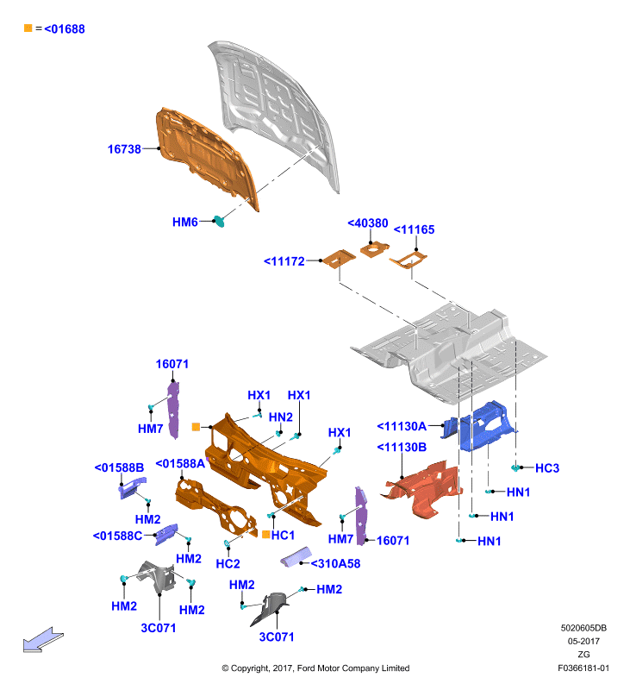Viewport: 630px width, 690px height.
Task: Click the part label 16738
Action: pos(124,149)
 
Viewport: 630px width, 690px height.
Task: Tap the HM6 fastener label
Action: pos(184,223)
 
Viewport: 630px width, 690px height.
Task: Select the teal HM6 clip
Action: pos(219,222)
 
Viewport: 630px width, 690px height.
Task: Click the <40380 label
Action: pos(368,223)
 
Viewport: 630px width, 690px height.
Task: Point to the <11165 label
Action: pos(414,229)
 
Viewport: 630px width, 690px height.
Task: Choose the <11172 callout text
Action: pos(284,261)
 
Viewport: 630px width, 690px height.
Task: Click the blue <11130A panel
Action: pos(479,425)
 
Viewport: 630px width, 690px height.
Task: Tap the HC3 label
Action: pos(547,468)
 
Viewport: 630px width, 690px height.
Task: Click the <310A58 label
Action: pos(335,564)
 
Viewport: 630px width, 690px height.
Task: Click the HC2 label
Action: pos(228,564)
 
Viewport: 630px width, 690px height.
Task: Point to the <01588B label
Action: pos(119,467)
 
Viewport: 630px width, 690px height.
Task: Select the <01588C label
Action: pos(117,536)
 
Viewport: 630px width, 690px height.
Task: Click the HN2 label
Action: pos(280,417)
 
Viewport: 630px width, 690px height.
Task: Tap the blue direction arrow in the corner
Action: pos(42,640)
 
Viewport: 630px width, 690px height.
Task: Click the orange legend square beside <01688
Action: pos(28,28)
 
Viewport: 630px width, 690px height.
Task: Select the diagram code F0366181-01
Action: pos(583,668)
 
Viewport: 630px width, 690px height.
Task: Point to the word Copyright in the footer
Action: pos(250,668)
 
